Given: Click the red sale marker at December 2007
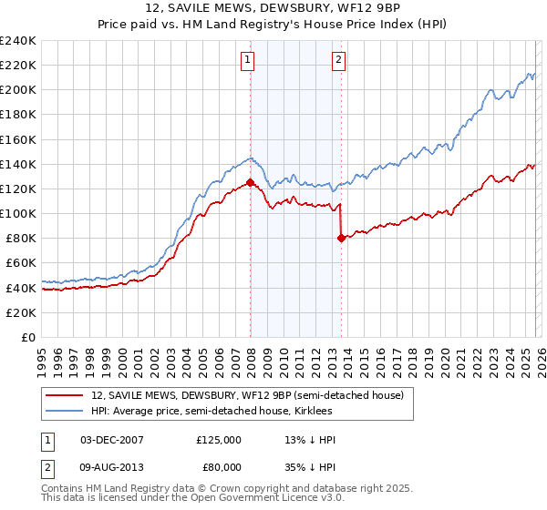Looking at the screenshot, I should point(250,183).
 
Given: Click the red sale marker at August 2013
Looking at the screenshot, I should point(341,239).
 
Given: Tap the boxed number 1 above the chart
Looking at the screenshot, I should point(247,61).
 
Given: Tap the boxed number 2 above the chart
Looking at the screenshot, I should point(338,61).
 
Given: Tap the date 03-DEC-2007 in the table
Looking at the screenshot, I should point(112,440).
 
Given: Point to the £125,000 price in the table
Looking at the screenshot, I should point(218,440).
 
